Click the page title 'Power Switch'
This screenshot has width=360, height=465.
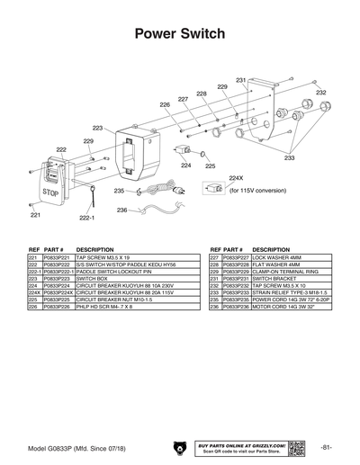point(179,34)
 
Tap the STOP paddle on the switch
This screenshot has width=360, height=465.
point(50,191)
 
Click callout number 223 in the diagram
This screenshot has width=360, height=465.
point(98,129)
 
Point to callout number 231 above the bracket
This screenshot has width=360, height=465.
point(241,81)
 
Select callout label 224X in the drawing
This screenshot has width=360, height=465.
point(237,178)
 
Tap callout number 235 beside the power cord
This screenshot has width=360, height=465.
point(119,191)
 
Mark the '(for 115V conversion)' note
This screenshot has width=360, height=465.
point(257,191)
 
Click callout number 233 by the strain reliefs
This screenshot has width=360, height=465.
point(290,157)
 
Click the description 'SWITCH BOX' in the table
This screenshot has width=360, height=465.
point(93,280)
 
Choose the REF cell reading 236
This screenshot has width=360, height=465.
point(214,308)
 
